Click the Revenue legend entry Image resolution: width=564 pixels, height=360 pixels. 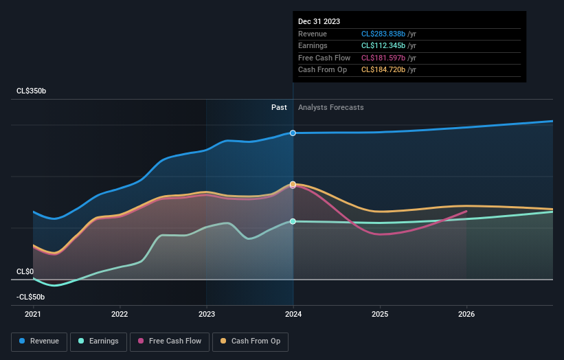click(39, 341)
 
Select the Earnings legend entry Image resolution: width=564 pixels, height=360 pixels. click(98, 341)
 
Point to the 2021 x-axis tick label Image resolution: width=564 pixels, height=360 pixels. click(33, 314)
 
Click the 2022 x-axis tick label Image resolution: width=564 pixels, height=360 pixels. click(120, 314)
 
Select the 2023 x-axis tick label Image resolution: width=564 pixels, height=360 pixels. click(207, 314)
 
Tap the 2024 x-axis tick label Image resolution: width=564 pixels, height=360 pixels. click(293, 314)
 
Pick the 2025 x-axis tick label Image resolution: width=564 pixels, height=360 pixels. click(380, 314)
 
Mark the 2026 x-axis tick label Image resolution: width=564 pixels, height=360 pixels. click(466, 314)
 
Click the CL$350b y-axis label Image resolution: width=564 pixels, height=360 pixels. click(32, 91)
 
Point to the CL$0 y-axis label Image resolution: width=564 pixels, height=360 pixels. click(25, 271)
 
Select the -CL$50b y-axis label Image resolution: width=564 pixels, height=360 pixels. click(30, 297)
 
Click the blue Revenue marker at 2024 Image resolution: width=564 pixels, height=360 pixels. click(293, 133)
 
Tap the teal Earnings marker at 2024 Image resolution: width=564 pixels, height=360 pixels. click(293, 221)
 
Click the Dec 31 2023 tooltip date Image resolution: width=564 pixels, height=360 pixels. click(319, 22)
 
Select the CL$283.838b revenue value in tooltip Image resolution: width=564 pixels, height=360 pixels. click(390, 34)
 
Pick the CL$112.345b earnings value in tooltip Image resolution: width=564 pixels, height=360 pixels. click(390, 46)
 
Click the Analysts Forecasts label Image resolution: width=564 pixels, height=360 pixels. click(330, 107)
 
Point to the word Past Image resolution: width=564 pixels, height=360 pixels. click(279, 107)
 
